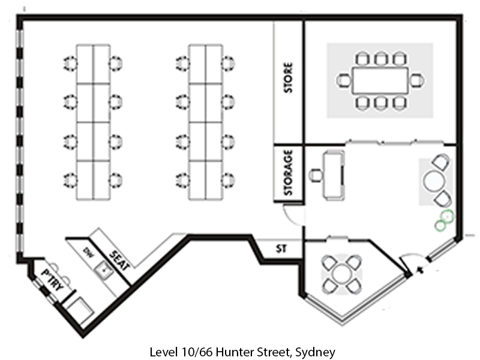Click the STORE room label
(x=289, y=78)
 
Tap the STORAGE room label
(x=289, y=173)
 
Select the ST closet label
(x=280, y=248)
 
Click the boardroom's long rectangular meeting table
(x=380, y=80)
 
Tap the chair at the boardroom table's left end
(x=344, y=80)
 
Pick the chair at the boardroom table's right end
(x=416, y=80)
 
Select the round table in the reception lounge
(x=434, y=180)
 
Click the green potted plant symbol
(x=445, y=220)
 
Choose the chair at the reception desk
(x=316, y=176)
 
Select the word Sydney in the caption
(x=315, y=351)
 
